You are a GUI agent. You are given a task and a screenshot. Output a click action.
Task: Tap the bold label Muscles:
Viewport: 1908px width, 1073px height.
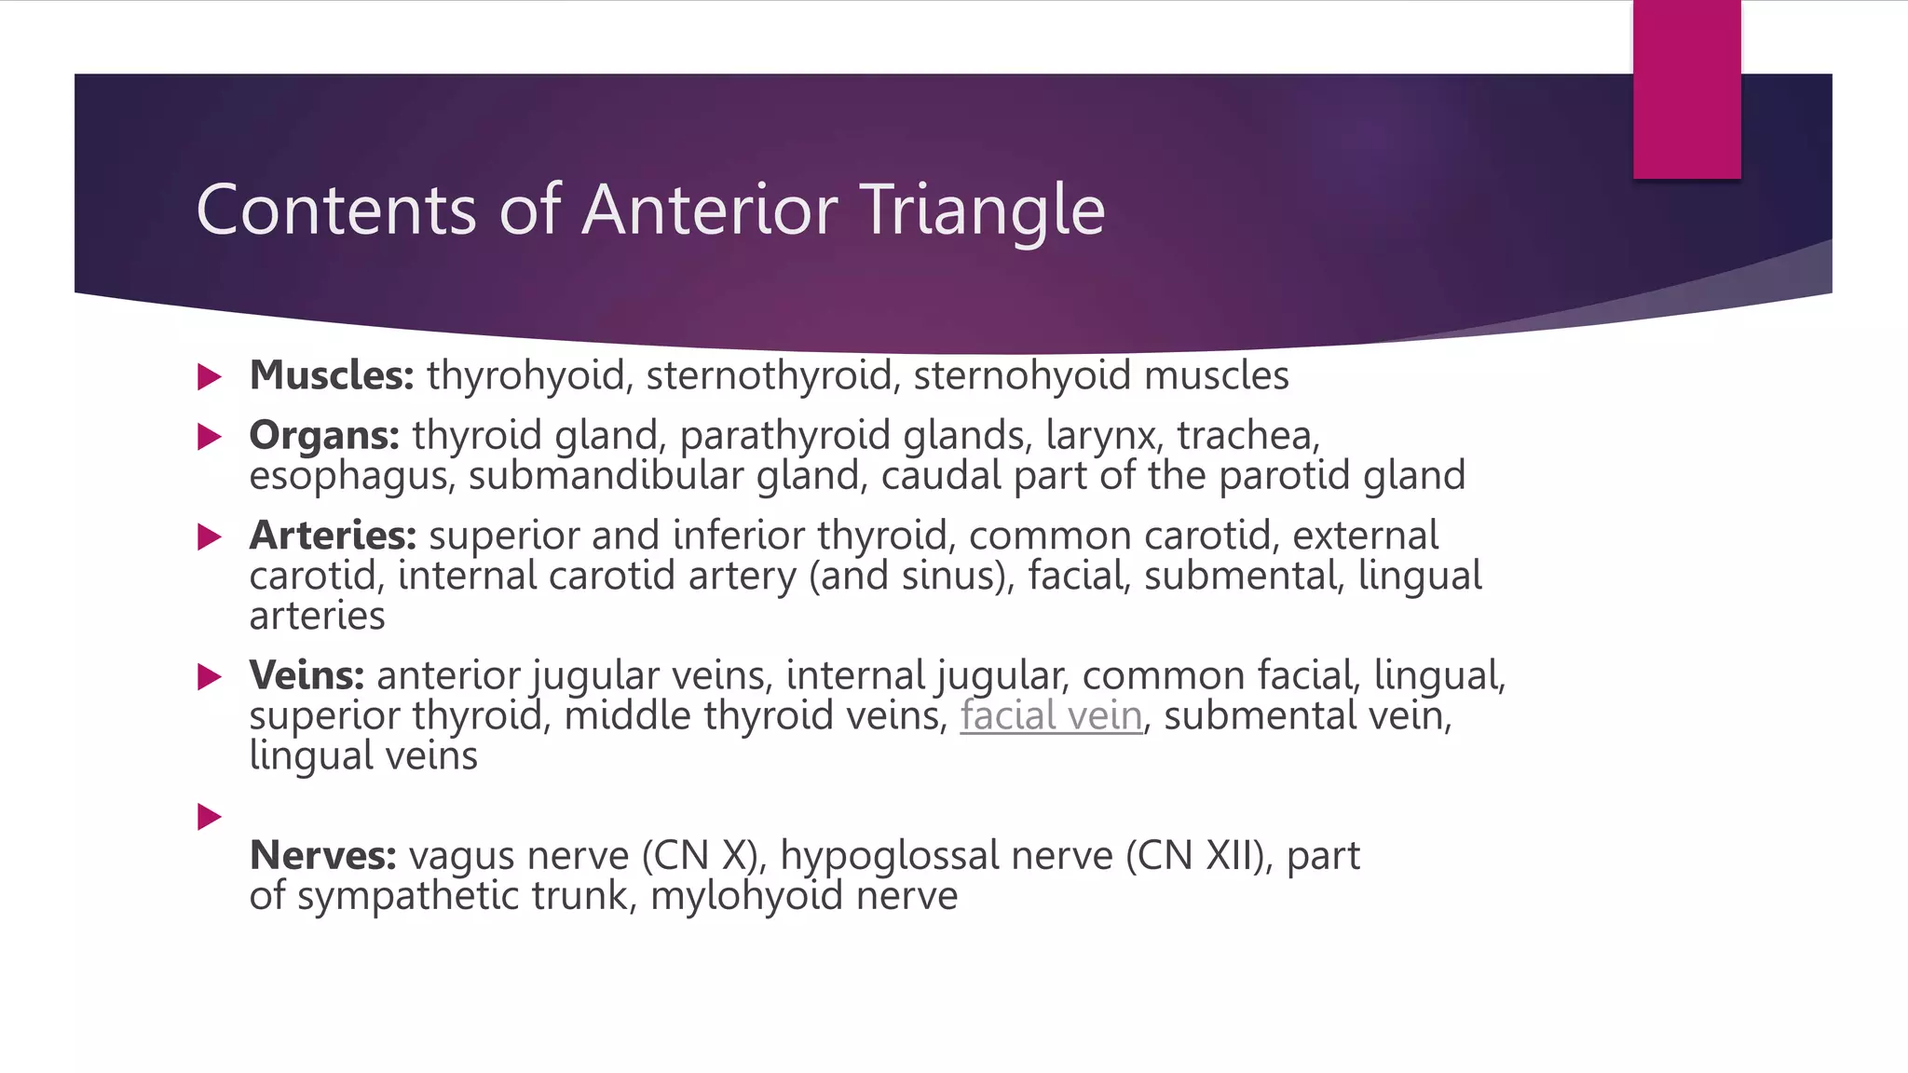[332, 375]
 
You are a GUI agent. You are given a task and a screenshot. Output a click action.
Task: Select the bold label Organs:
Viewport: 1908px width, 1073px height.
[324, 435]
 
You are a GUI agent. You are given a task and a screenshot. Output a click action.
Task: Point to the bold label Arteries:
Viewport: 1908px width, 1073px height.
[333, 536]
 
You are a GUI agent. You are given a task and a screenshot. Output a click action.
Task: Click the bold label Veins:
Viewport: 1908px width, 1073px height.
[307, 675]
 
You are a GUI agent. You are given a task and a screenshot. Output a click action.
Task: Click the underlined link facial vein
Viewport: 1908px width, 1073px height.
[1051, 715]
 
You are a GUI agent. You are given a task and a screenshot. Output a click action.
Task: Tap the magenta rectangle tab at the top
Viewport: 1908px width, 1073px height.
[1686, 88]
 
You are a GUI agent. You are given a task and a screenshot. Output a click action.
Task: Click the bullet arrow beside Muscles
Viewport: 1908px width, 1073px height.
[210, 377]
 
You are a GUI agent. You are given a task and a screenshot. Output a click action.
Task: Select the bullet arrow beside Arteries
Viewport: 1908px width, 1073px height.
[210, 537]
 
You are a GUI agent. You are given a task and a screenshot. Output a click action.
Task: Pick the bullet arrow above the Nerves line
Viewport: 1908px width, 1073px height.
[210, 817]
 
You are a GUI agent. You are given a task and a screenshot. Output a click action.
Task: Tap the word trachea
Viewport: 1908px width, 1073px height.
[1247, 435]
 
